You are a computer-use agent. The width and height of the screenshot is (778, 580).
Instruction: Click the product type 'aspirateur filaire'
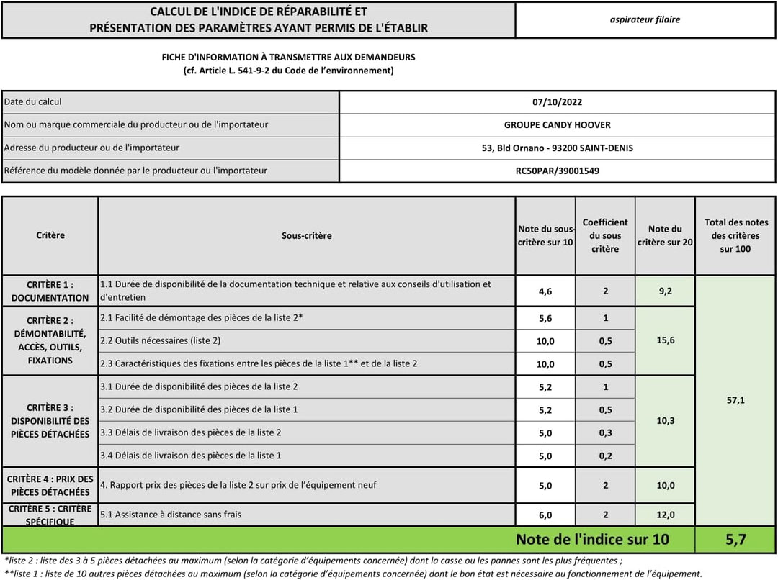pyautogui.click(x=645, y=19)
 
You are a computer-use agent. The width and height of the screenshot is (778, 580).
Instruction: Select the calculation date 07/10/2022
pyautogui.click(x=557, y=102)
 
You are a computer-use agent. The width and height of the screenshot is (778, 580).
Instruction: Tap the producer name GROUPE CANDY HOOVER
pyautogui.click(x=557, y=125)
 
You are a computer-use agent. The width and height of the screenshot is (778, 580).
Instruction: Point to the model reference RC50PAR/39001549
pyautogui.click(x=557, y=171)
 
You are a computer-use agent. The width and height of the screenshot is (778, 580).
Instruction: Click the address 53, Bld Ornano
pyautogui.click(x=557, y=148)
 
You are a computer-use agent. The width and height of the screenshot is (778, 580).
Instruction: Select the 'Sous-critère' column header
pyautogui.click(x=307, y=236)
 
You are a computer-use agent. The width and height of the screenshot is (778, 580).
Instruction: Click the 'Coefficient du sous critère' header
pyautogui.click(x=605, y=236)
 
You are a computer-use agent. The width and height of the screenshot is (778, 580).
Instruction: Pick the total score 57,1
pyautogui.click(x=735, y=400)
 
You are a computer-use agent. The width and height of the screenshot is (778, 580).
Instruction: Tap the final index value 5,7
pyautogui.click(x=735, y=539)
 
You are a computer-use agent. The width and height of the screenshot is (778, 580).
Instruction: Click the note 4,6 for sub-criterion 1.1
pyautogui.click(x=545, y=291)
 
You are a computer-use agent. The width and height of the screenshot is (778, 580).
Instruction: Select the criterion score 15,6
pyautogui.click(x=666, y=340)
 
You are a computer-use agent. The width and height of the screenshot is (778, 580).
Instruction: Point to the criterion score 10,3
pyautogui.click(x=666, y=420)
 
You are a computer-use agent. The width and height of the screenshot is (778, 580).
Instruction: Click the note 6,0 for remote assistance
pyautogui.click(x=545, y=515)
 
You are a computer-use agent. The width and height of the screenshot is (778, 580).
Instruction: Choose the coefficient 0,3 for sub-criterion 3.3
pyautogui.click(x=605, y=433)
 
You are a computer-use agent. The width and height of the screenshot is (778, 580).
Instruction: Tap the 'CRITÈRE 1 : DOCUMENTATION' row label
pyautogui.click(x=50, y=291)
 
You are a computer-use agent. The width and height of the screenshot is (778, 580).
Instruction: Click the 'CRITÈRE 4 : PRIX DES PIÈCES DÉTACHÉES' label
pyautogui.click(x=50, y=486)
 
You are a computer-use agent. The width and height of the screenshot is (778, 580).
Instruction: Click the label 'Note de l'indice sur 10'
pyautogui.click(x=592, y=539)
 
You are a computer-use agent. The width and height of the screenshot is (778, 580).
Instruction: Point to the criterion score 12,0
pyautogui.click(x=666, y=515)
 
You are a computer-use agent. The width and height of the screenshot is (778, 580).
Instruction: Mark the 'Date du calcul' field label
pyautogui.click(x=33, y=102)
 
